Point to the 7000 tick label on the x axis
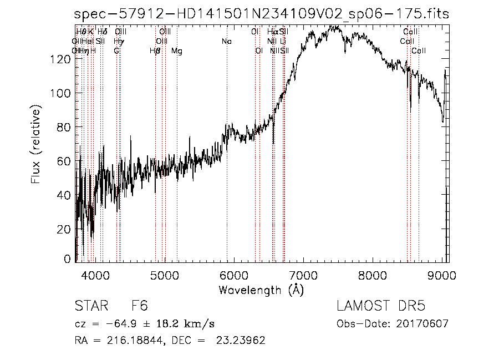pyautogui.click(x=303, y=275)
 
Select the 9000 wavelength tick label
pyautogui.click(x=442, y=275)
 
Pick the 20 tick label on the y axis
pyautogui.click(x=65, y=230)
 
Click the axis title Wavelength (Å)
pyautogui.click(x=261, y=290)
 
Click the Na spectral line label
pyautogui.click(x=226, y=41)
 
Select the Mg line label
pyautogui.click(x=176, y=50)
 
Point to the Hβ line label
pyautogui.click(x=155, y=50)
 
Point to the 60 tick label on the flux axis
pyautogui.click(x=65, y=161)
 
